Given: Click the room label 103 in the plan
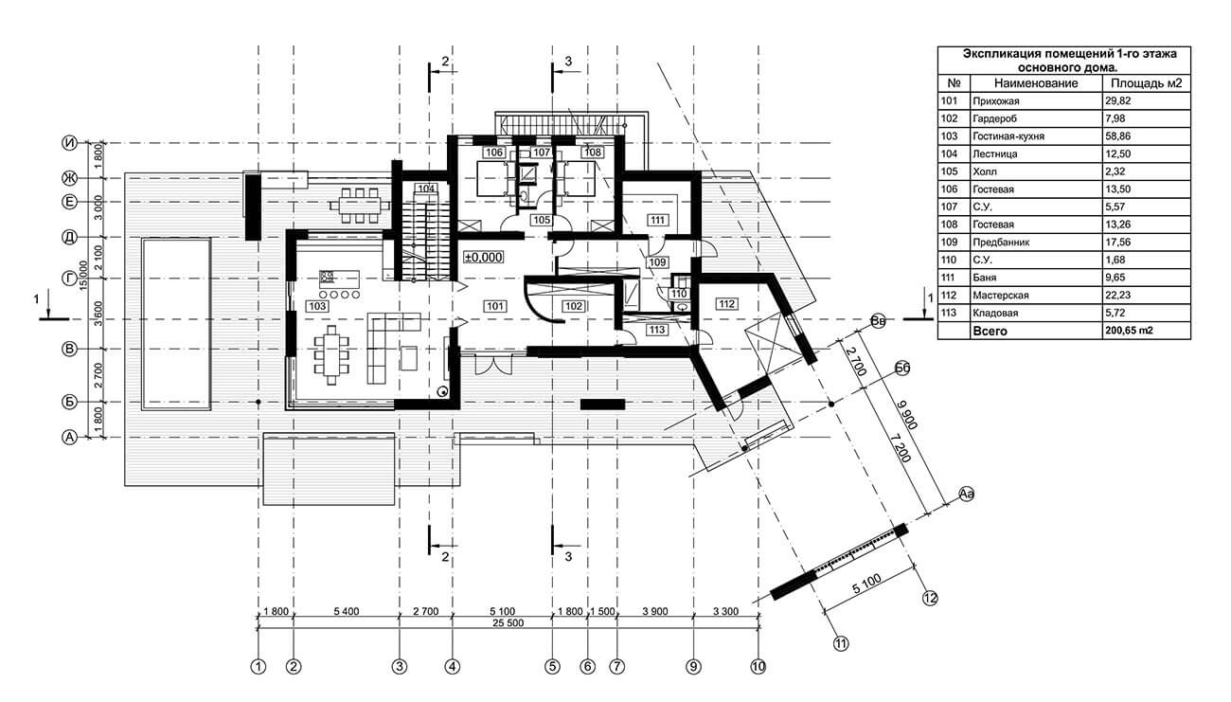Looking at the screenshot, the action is [317, 306].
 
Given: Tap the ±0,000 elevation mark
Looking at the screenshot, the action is [484, 258].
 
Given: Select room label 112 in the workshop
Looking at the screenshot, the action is [726, 304].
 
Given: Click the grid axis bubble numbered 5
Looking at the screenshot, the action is [552, 667].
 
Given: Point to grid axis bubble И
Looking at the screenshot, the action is [69, 143].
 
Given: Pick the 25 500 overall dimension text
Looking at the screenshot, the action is [508, 622].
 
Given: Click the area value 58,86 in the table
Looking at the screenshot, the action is [1118, 135].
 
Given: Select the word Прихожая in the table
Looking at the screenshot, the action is [996, 101].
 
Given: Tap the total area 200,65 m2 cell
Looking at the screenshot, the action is [1130, 331].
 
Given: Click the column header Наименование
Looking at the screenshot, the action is [1036, 83].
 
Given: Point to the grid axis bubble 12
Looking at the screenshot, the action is [930, 598].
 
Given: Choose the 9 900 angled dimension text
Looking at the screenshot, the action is [907, 415].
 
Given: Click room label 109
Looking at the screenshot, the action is [657, 262].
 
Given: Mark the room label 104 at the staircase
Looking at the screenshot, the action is [426, 189].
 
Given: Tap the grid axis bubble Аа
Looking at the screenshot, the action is [967, 494].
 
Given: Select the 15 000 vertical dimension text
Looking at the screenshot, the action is [83, 276].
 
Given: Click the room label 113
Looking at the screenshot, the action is [657, 330].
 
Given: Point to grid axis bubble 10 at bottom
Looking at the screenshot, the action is [758, 667].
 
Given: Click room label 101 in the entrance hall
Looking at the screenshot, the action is [494, 306].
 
